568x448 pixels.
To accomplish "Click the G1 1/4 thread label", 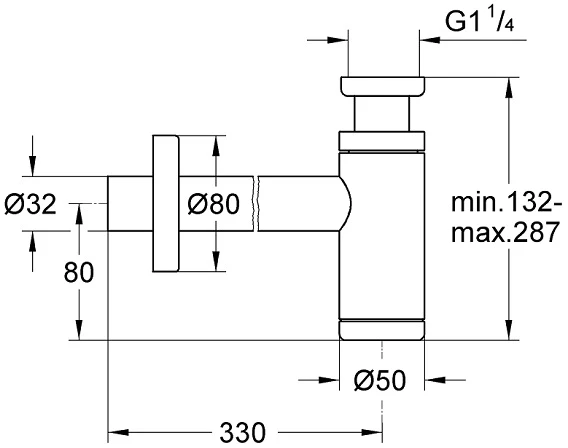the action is [x=479, y=22].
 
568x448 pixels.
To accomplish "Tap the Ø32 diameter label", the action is [x=30, y=204].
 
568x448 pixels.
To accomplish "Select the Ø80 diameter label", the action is [x=214, y=204].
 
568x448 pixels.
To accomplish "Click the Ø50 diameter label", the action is [x=380, y=380].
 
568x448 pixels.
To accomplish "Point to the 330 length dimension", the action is [x=242, y=432].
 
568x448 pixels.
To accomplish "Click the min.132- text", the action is [x=506, y=202].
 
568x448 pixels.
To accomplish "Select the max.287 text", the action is [x=505, y=232].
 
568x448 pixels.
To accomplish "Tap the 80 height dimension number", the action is [x=79, y=272].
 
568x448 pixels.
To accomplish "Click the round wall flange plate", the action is [x=166, y=204].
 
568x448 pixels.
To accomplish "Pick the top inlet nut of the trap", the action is [x=382, y=87].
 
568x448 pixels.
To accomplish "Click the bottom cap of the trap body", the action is [x=381, y=330].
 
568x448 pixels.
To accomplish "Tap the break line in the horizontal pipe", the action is [x=256, y=204].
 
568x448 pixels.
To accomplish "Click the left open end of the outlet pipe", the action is [x=108, y=204].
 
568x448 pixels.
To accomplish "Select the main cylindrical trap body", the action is [x=381, y=236].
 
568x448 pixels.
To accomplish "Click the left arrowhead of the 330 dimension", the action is [x=118, y=432].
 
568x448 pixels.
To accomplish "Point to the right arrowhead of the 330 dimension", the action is [x=373, y=432].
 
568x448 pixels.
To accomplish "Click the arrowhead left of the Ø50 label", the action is [x=329, y=380].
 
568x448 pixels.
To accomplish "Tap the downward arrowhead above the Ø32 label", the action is [x=33, y=166].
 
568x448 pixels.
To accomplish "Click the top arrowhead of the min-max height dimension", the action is [x=509, y=87].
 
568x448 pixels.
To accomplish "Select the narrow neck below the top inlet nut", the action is [x=382, y=114].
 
